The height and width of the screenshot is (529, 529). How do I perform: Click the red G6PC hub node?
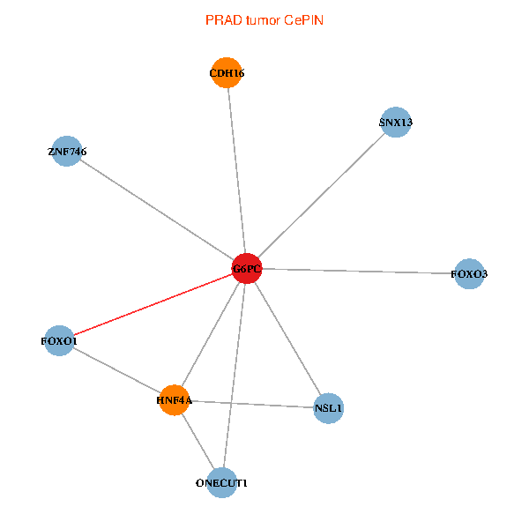click(x=247, y=268)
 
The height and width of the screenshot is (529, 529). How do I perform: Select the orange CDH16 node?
click(x=227, y=73)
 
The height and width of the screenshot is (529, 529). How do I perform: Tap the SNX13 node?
click(x=396, y=123)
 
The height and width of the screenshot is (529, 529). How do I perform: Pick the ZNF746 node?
click(x=67, y=152)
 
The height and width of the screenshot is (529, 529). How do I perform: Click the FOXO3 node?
click(x=469, y=274)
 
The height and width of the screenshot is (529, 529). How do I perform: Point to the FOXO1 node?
click(x=60, y=340)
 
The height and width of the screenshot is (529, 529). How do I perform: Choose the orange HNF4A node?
click(x=175, y=400)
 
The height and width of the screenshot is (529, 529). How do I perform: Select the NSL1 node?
click(x=328, y=408)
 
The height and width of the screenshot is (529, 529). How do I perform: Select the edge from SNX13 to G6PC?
click(x=322, y=195)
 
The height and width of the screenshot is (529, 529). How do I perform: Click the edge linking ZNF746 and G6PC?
click(x=157, y=210)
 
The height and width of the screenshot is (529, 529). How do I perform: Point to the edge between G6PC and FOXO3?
click(x=358, y=271)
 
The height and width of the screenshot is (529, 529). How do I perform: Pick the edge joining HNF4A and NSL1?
click(x=251, y=404)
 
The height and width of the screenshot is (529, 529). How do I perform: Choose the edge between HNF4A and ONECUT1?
click(x=198, y=442)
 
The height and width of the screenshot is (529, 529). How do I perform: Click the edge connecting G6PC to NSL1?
click(x=287, y=338)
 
